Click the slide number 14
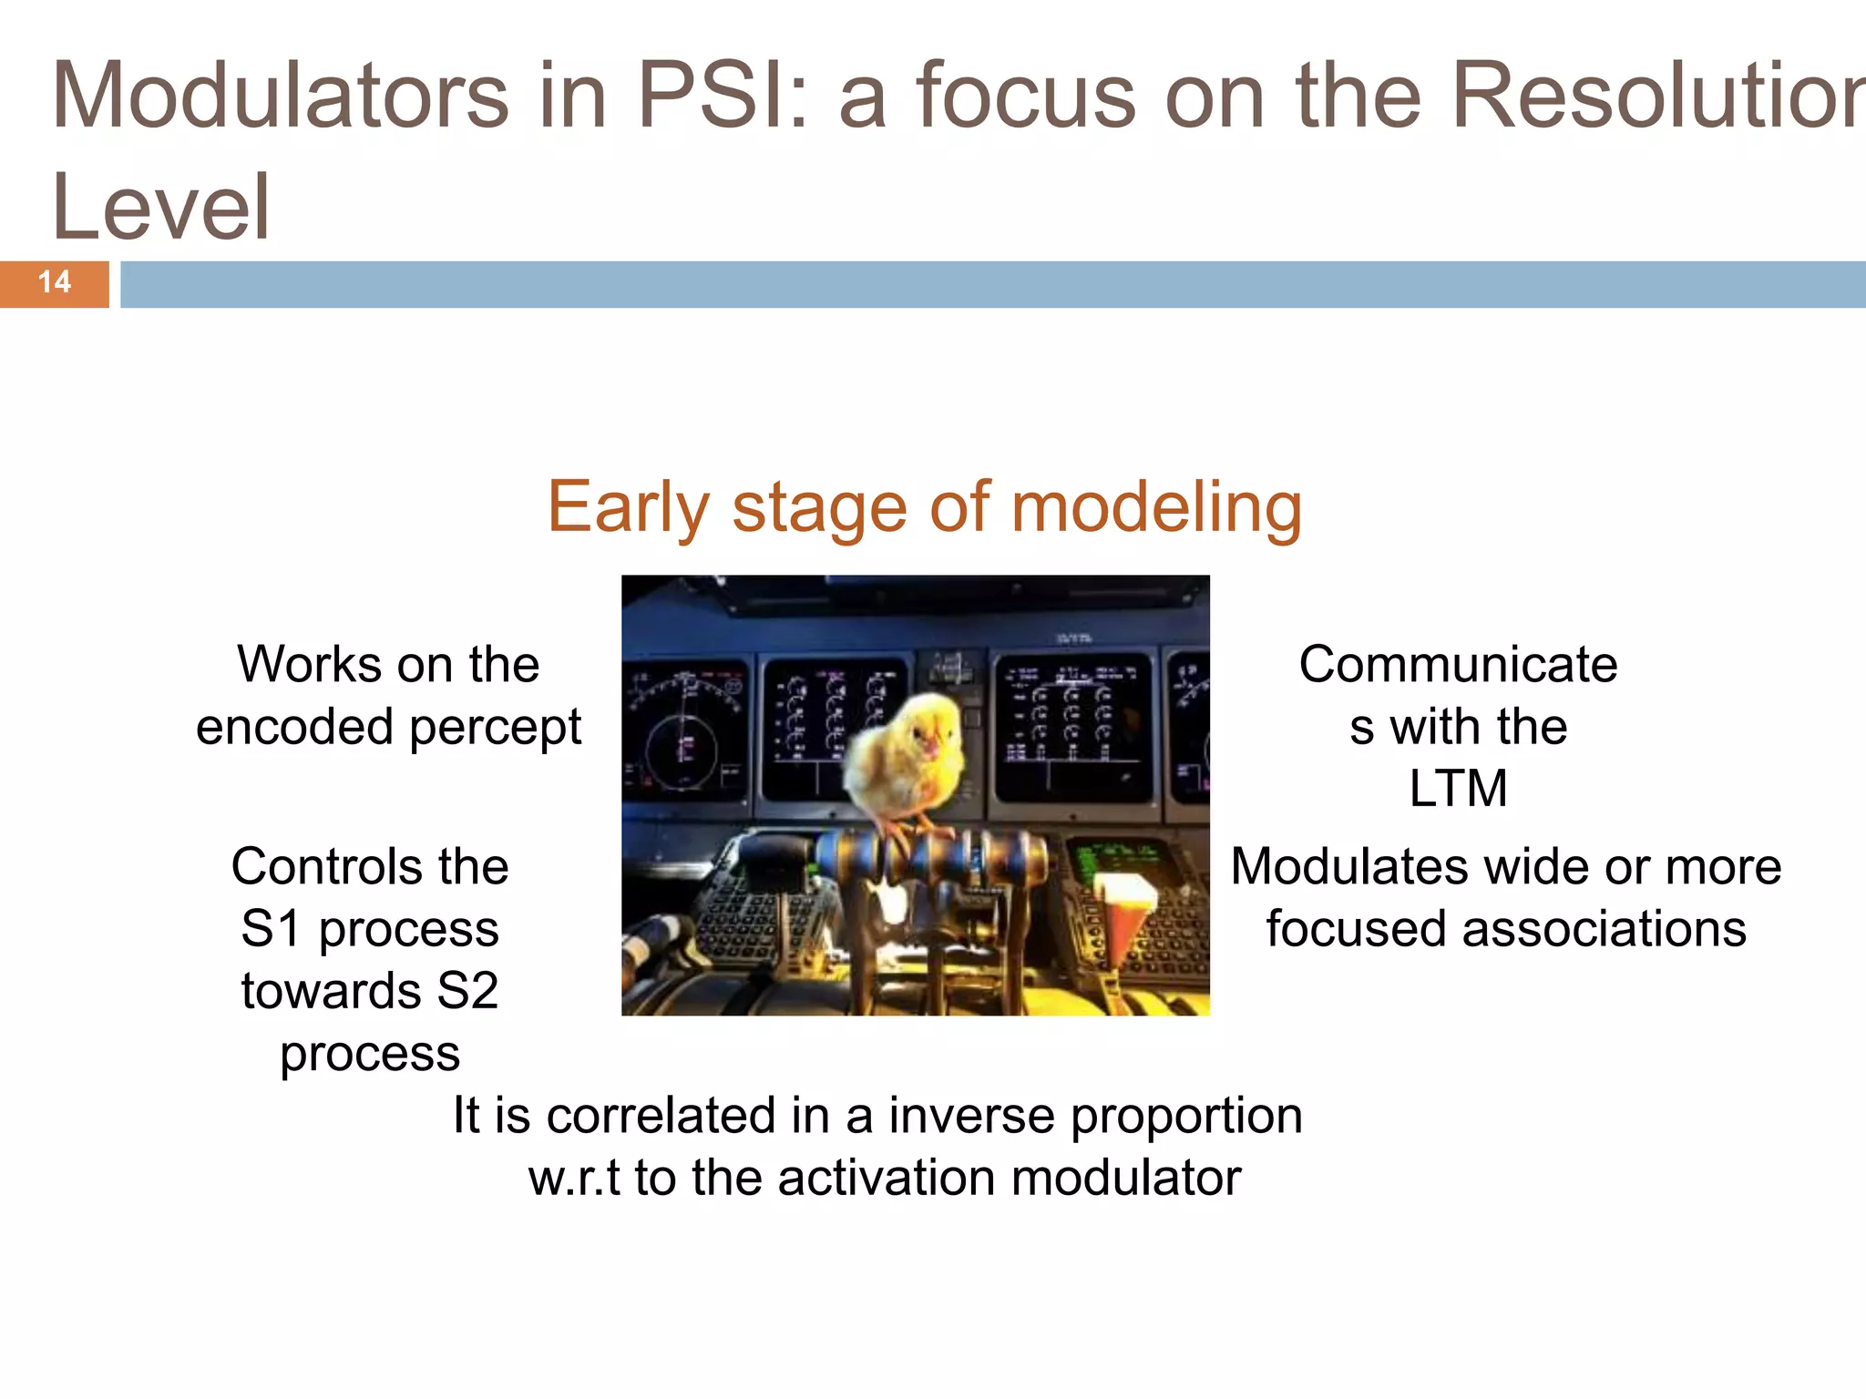coord(55,282)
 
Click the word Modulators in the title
coord(281,95)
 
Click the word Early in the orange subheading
coord(627,507)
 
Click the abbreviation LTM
coord(1458,788)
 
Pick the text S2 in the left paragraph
coord(467,991)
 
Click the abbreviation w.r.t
coord(574,1178)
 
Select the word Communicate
coord(1458,664)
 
